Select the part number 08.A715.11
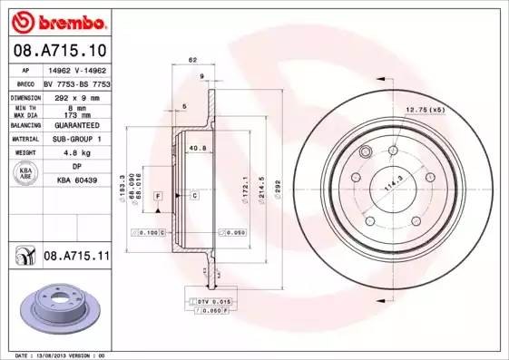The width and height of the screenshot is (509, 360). point(76,258)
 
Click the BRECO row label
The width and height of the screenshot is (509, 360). point(24,82)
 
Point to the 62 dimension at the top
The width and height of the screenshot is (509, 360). point(192,60)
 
